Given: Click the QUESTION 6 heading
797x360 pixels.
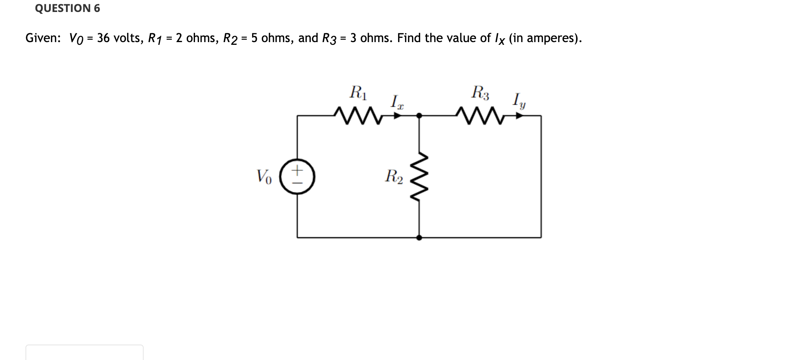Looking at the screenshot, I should point(67,8).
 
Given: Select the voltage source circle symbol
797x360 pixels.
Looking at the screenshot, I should point(297,177).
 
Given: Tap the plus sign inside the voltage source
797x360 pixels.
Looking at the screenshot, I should point(297,170).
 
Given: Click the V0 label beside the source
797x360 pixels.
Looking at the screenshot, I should point(264,176).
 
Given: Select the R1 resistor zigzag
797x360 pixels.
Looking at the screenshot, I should point(358,115).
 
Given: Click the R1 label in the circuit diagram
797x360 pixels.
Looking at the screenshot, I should point(358,93).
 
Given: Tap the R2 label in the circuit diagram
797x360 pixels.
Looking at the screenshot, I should point(393,176).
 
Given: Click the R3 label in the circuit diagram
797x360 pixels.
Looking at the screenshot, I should point(480,93).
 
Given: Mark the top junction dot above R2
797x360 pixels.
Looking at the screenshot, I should point(419,115).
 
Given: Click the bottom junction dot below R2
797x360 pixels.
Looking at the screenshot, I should point(419,238).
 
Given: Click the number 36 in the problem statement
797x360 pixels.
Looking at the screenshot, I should point(103,38).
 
